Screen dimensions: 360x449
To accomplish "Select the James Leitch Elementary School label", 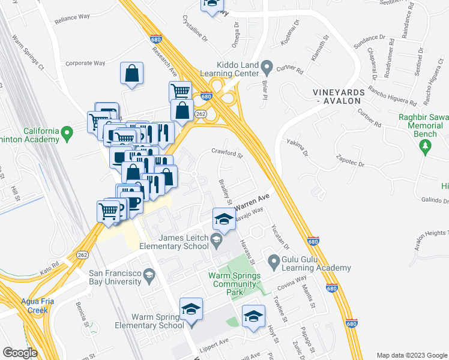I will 175,242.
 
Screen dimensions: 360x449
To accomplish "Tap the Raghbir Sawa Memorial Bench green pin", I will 426,147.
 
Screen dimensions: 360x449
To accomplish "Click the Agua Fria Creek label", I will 37,305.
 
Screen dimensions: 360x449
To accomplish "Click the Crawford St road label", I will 226,153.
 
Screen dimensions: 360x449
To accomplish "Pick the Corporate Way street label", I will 85,62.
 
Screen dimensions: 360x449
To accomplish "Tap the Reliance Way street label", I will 72,19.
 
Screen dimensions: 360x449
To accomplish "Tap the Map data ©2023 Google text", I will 411,355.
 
